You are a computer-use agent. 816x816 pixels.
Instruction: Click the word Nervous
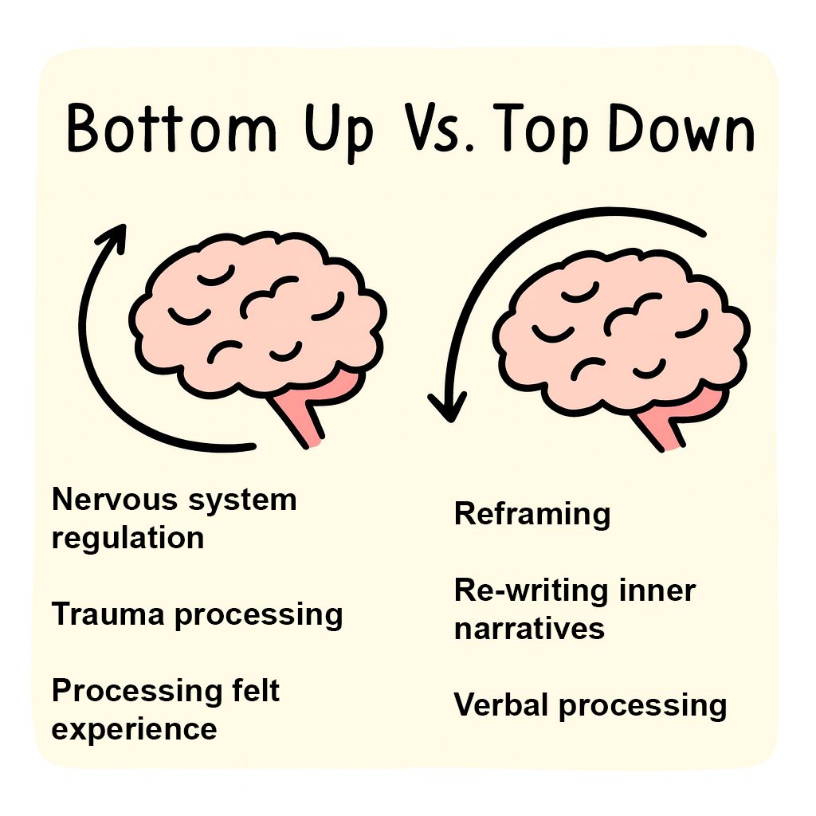point(111,500)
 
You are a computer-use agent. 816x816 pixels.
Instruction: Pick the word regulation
point(127,539)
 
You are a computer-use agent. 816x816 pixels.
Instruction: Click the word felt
point(250,690)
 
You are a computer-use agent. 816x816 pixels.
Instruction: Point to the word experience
point(134,728)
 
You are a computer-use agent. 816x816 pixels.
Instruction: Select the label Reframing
point(532,514)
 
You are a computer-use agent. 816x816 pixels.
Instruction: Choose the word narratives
point(529,629)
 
